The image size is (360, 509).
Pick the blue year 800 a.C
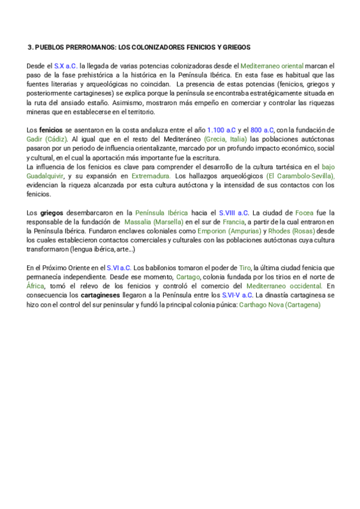click(x=262, y=130)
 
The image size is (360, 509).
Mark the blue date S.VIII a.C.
click(x=234, y=213)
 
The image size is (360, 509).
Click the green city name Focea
click(x=303, y=213)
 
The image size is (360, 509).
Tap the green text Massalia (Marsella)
click(x=158, y=222)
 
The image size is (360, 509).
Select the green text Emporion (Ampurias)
click(x=238, y=231)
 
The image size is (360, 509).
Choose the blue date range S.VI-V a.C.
click(x=237, y=296)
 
